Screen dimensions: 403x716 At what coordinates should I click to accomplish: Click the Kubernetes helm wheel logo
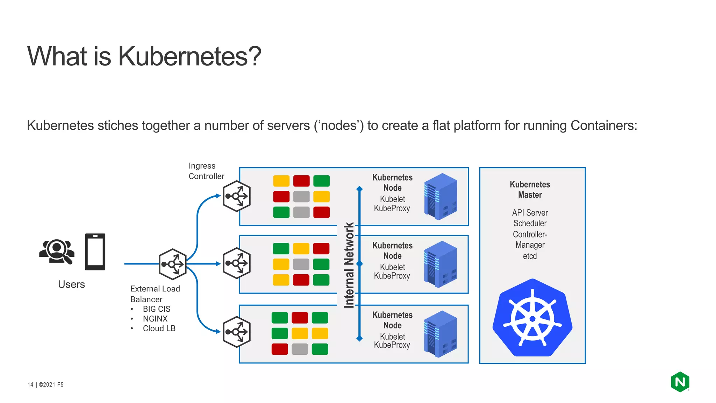pos(532,318)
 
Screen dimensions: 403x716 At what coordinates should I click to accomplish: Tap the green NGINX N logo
pos(680,382)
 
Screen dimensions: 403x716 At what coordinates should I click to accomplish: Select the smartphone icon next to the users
pos(95,252)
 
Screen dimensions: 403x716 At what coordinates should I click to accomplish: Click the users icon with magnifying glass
pos(57,251)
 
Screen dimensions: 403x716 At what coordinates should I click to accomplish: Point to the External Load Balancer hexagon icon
pos(172,264)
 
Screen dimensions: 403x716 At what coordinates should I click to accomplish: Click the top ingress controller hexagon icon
pos(237,196)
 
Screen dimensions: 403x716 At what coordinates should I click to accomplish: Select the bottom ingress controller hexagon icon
pos(237,332)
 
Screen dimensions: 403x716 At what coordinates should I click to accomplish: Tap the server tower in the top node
pos(441,196)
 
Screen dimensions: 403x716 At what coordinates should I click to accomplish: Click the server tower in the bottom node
pos(441,334)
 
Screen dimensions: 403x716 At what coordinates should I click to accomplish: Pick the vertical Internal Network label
pos(349,265)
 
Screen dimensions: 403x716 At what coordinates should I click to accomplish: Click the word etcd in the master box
pos(530,256)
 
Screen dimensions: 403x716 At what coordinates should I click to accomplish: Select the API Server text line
pos(530,213)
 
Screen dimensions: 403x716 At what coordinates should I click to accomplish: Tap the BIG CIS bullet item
pos(156,309)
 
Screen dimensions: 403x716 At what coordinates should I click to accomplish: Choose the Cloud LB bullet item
pos(159,328)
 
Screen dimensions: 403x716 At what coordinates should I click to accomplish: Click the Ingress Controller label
pos(206,171)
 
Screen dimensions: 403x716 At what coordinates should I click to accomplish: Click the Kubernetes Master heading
pos(530,190)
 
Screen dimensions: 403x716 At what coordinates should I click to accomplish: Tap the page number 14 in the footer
pos(30,384)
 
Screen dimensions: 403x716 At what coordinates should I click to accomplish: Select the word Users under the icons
pos(71,284)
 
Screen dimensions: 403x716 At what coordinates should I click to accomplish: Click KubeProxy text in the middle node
pos(392,276)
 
